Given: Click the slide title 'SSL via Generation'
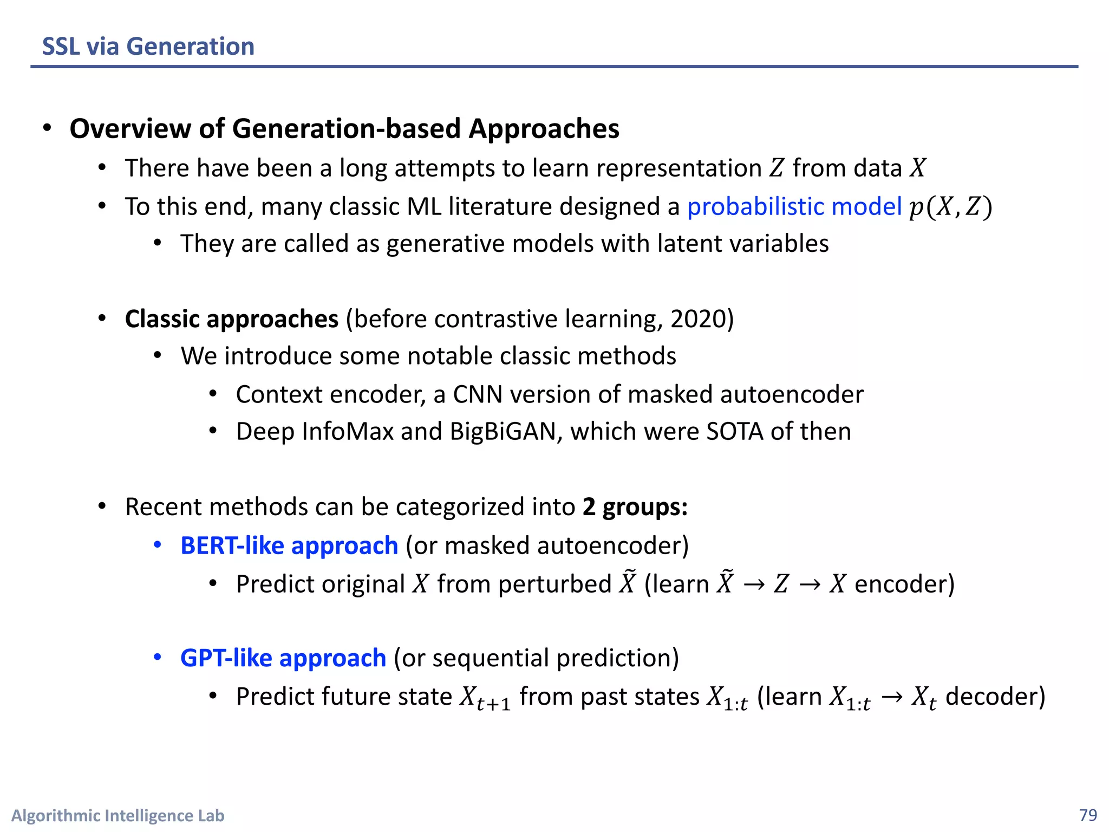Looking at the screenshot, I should pos(148,47).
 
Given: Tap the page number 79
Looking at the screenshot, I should pos(1088,815).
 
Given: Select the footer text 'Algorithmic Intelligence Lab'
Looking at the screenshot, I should pos(118,815).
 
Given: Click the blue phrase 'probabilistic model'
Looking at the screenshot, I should pos(794,207).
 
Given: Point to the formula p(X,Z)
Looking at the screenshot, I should pos(950,207).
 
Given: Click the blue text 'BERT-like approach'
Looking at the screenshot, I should pos(289,545).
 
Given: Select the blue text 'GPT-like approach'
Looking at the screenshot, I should pos(283,658).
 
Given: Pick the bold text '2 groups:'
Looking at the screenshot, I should pos(635,507).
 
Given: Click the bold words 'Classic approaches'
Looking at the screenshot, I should pos(232,319).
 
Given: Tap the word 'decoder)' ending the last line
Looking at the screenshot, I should pos(995,697).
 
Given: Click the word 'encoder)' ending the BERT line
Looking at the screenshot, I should pos(904,584).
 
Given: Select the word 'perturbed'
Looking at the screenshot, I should pos(554,584).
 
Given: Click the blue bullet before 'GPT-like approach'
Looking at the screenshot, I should pos(158,658).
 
